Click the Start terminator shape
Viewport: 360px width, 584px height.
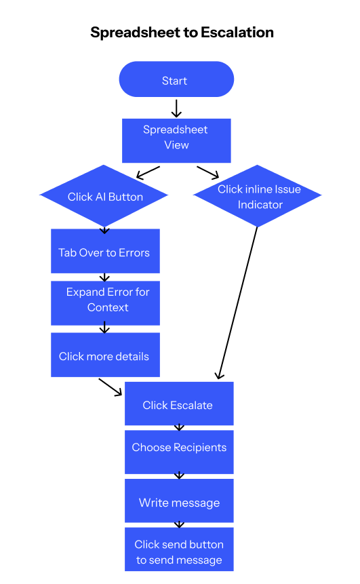[176, 80]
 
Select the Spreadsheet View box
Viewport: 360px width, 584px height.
[176, 140]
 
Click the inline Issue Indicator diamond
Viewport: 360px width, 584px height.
[258, 197]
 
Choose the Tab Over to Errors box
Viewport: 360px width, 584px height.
[105, 252]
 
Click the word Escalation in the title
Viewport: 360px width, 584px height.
[233, 33]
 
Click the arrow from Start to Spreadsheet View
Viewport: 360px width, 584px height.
[176, 109]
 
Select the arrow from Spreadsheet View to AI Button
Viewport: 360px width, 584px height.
[148, 172]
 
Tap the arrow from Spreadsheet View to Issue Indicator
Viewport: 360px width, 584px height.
[207, 172]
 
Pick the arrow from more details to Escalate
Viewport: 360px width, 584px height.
[111, 387]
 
